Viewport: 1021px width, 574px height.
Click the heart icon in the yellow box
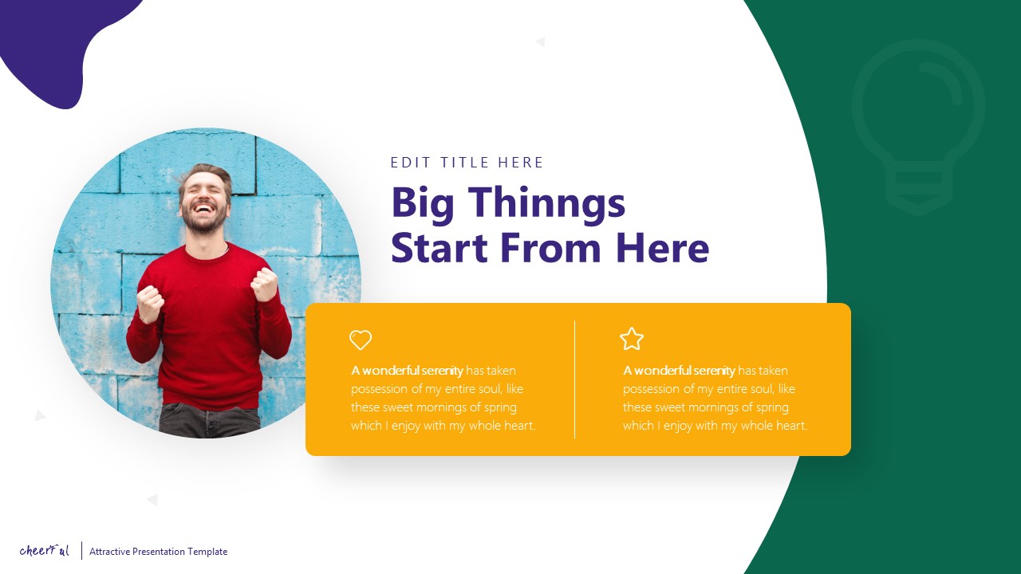[x=361, y=340]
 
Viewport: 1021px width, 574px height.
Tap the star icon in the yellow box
[x=632, y=339]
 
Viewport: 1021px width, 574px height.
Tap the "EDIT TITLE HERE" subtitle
[x=467, y=163]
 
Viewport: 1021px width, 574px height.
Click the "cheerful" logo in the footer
[x=45, y=550]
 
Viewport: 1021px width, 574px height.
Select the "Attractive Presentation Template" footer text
[x=158, y=552]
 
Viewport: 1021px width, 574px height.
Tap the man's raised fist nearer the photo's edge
[x=149, y=303]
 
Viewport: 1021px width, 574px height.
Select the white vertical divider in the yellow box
[x=574, y=379]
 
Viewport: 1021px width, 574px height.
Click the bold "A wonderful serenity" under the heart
[x=407, y=371]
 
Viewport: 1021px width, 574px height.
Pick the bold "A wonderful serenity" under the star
[x=679, y=371]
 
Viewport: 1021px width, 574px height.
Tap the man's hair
[x=206, y=172]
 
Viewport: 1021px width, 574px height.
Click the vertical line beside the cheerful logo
[x=81, y=551]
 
